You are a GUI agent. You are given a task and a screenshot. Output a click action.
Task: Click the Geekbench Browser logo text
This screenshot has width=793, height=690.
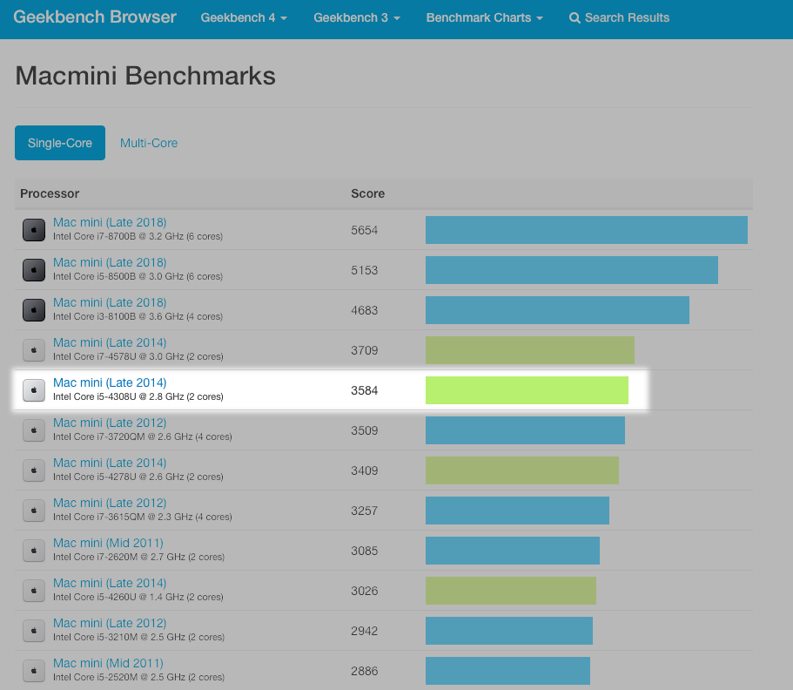95,17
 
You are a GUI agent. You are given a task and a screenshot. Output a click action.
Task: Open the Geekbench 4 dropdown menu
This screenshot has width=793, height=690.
243,18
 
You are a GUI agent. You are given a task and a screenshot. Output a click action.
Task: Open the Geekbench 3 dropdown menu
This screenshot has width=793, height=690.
356,18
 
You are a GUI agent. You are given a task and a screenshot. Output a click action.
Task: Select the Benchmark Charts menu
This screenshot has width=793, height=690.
484,18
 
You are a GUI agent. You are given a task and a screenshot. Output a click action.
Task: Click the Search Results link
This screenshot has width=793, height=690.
619,18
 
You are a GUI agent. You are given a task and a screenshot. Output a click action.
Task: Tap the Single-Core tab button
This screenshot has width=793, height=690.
60,143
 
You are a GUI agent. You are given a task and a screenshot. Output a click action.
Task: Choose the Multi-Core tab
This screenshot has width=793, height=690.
149,143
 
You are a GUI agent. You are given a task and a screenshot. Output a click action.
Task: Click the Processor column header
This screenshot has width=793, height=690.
50,193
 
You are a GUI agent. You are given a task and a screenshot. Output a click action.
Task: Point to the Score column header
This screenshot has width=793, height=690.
367,193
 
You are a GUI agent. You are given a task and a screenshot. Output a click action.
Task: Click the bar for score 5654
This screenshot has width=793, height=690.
586,230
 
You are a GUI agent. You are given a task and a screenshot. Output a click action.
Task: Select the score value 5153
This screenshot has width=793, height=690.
365,270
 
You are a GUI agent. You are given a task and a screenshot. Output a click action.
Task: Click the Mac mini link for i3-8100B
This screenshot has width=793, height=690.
110,302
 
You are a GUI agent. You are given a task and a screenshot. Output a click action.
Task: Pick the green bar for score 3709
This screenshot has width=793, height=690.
529,350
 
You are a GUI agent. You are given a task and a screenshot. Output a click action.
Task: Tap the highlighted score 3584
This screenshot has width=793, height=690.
365,390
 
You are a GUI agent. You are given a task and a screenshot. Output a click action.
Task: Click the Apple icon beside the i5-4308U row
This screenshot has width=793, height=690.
34,390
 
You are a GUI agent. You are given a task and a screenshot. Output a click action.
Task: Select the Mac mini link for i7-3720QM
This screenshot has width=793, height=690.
110,423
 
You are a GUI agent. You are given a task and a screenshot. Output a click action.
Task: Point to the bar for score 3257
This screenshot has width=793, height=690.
517,511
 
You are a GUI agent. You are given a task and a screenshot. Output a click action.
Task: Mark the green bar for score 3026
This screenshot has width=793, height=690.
510,591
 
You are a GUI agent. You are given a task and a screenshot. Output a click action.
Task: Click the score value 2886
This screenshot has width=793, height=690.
365,671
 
